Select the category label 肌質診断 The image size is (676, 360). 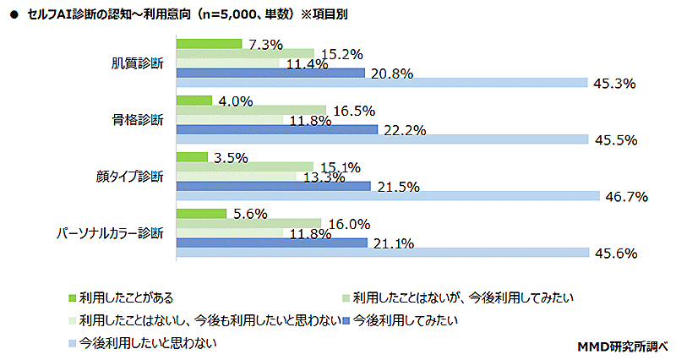coord(138,63)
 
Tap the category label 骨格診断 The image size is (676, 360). coord(138,120)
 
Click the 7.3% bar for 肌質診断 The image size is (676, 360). coord(208,44)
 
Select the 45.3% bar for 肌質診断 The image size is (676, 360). coord(381,83)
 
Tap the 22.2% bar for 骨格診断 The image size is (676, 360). coord(276,129)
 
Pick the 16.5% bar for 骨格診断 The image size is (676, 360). coord(250,110)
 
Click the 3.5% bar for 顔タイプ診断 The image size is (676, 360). coord(191,156)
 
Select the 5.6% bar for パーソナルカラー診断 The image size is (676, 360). coord(200,213)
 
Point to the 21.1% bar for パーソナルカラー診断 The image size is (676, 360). coord(271,243)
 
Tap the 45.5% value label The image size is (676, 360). coord(616,140)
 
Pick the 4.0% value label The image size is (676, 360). coord(236,101)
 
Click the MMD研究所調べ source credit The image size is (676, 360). coord(622,346)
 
